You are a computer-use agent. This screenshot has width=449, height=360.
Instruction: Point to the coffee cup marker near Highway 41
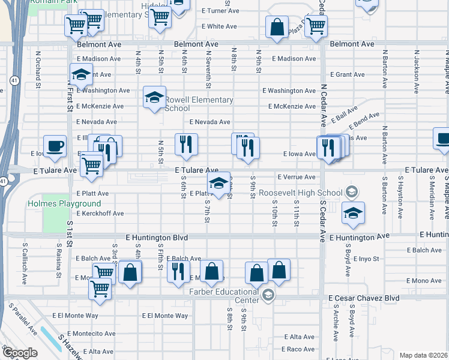coord(55,146)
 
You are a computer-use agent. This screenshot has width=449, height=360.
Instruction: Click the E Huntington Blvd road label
coord(158,238)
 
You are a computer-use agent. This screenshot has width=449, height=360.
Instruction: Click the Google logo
coord(19,352)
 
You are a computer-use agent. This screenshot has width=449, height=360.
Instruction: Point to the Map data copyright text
coord(423,355)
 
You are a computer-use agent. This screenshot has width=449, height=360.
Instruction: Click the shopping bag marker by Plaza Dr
coord(277,27)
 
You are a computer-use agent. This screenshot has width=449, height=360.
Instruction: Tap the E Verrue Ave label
coord(296,177)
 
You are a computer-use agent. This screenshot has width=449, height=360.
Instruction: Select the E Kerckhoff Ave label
coord(100,213)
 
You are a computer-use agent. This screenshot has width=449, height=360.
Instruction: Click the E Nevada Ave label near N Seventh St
coord(209,122)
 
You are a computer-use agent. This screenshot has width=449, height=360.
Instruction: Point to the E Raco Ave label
coord(301,349)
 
